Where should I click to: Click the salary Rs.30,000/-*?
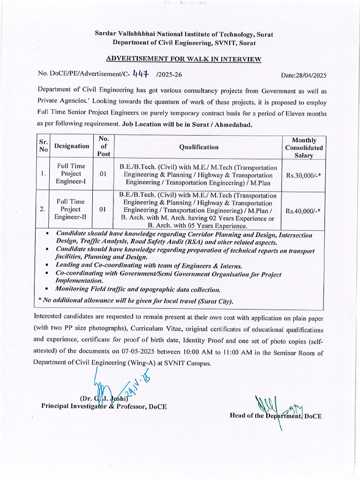click(303, 174)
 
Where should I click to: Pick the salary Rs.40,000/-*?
click(303, 211)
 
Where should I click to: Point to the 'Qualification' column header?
click(198, 147)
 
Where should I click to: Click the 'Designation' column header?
click(71, 146)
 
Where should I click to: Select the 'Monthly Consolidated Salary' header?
click(304, 147)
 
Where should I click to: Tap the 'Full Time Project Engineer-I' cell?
click(71, 173)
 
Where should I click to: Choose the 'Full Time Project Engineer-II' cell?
click(71, 209)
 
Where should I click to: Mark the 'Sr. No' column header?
click(43, 146)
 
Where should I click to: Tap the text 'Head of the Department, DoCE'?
click(276, 416)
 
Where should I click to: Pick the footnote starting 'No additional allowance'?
click(136, 301)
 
